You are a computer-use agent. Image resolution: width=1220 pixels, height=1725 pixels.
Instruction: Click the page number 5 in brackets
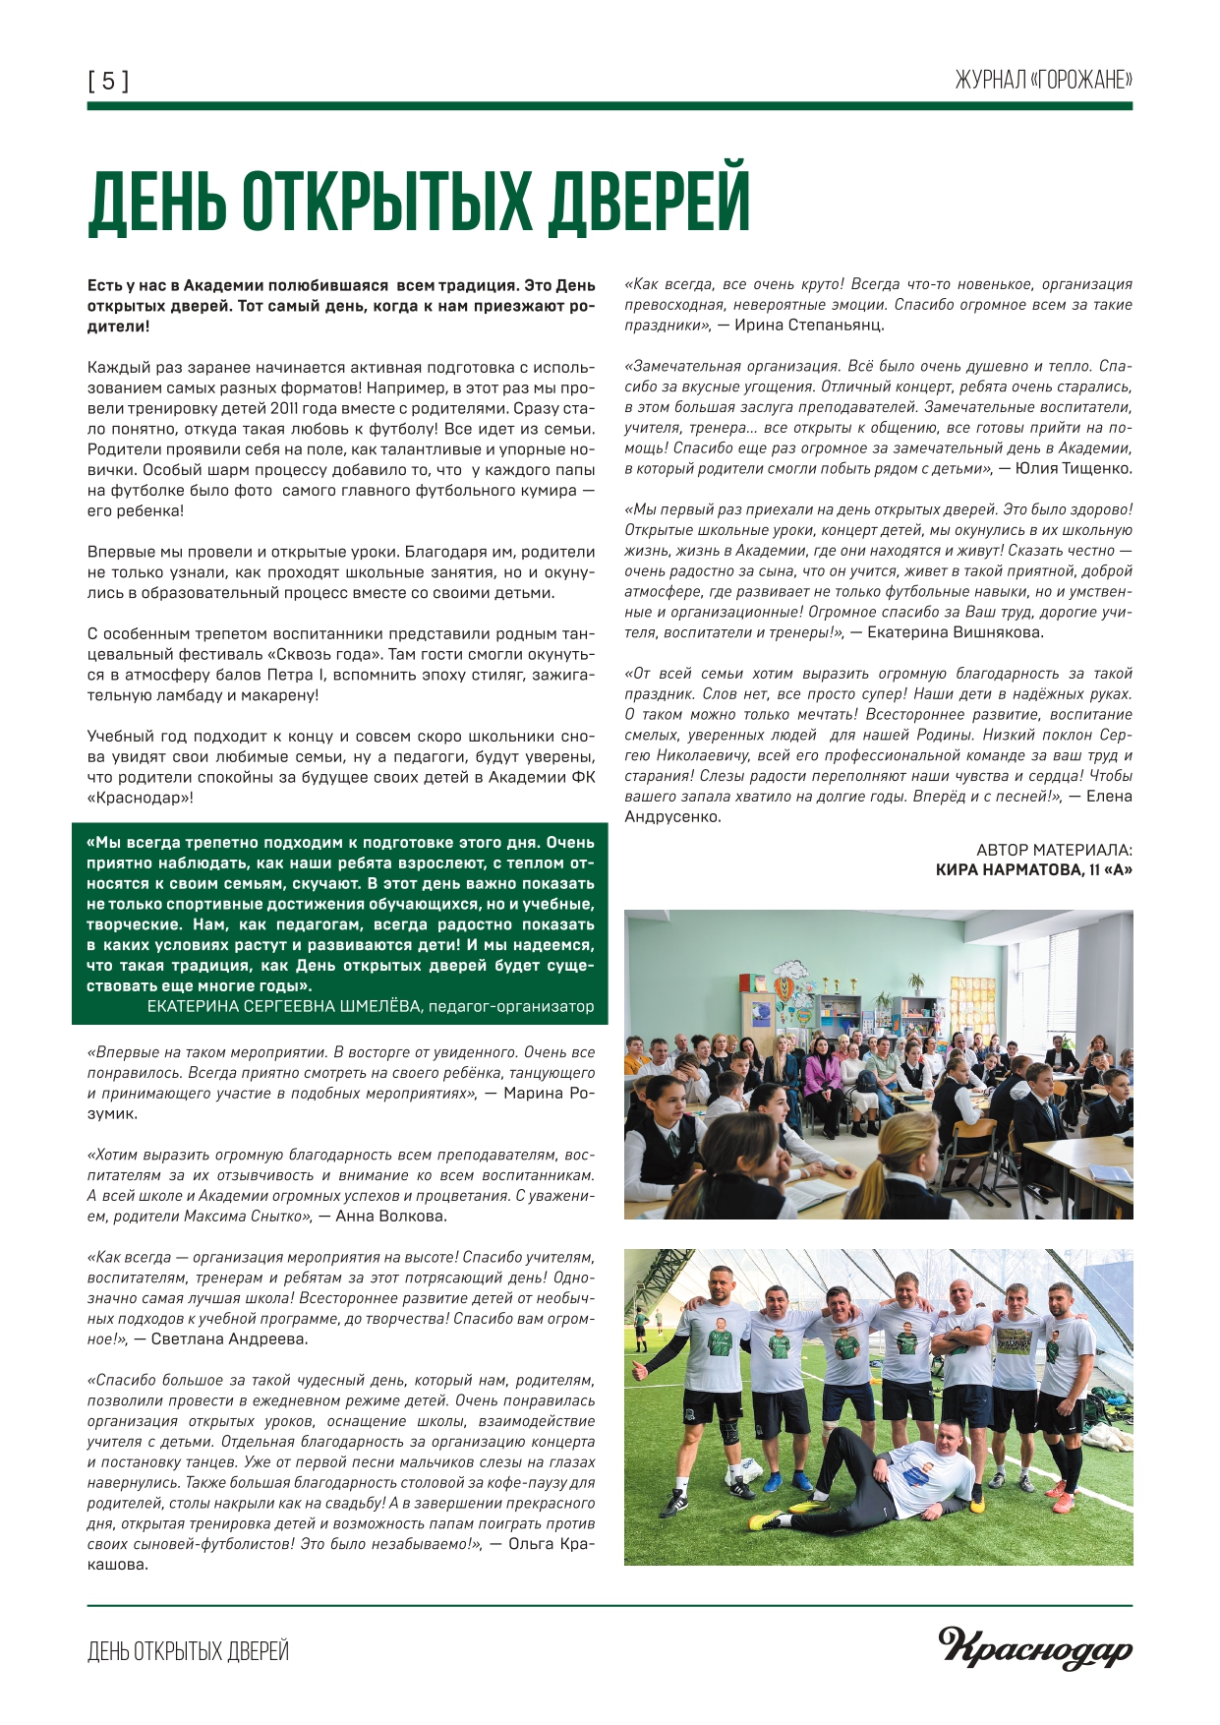point(108,81)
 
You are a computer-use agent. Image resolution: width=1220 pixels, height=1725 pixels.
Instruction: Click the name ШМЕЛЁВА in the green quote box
point(378,1006)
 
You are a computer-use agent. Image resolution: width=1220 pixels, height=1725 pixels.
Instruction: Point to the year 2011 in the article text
point(268,408)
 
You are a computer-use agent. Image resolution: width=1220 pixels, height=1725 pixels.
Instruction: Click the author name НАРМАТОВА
point(1025,870)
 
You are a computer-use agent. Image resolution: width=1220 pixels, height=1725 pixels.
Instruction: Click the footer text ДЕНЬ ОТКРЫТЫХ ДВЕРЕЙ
point(188,1651)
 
